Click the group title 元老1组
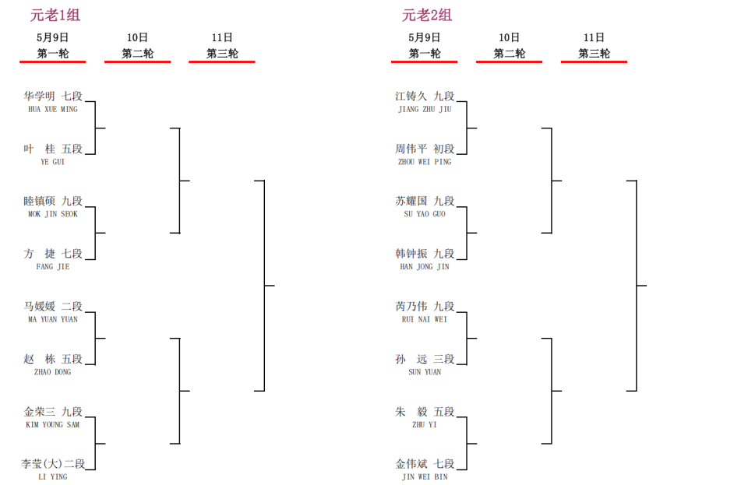pos(55,16)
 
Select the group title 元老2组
pos(426,16)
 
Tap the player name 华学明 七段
pos(53,97)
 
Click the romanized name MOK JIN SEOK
pos(53,214)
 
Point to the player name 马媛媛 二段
pos(53,307)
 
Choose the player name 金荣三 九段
pos(53,412)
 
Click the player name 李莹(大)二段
pos(53,463)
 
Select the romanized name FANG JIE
pos(53,267)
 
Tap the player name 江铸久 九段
pos(425,97)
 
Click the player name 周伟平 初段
pos(425,149)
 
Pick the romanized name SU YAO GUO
pos(425,214)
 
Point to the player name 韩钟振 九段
pos(425,254)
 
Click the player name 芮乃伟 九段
pos(425,307)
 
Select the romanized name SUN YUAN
pos(425,372)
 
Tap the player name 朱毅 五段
pos(425,412)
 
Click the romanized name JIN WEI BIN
pos(425,477)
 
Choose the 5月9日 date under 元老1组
pos(52,37)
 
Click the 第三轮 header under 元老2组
pos(594,54)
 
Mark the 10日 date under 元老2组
pos(509,37)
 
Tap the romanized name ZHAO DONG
pos(53,372)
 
